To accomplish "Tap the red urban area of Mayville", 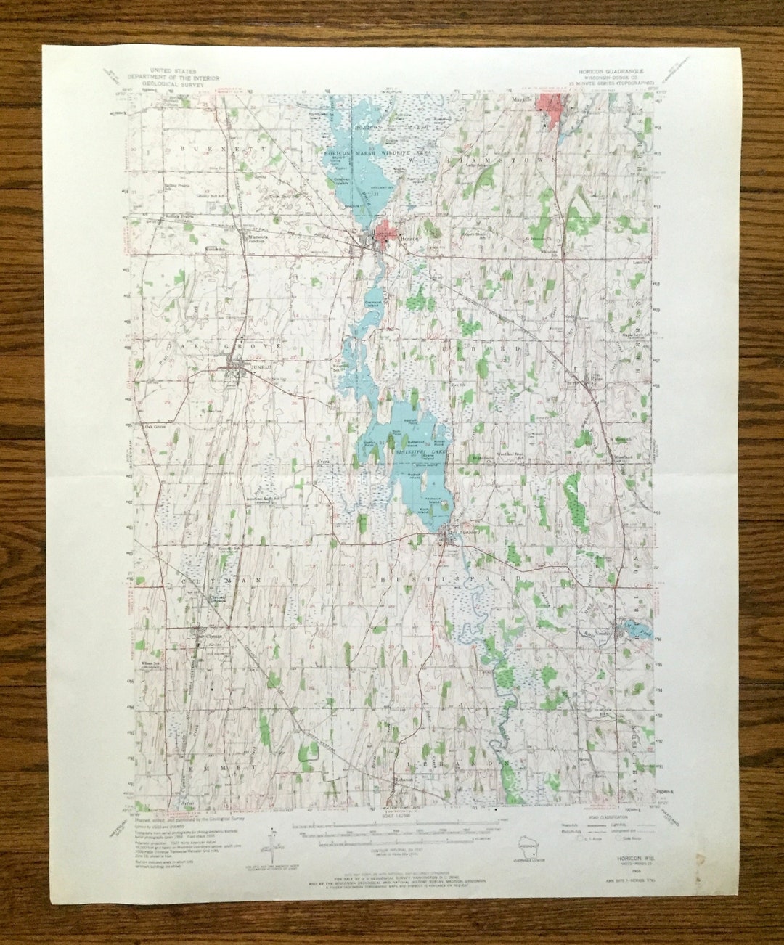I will tap(550, 106).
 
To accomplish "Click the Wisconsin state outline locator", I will tap(526, 846).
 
